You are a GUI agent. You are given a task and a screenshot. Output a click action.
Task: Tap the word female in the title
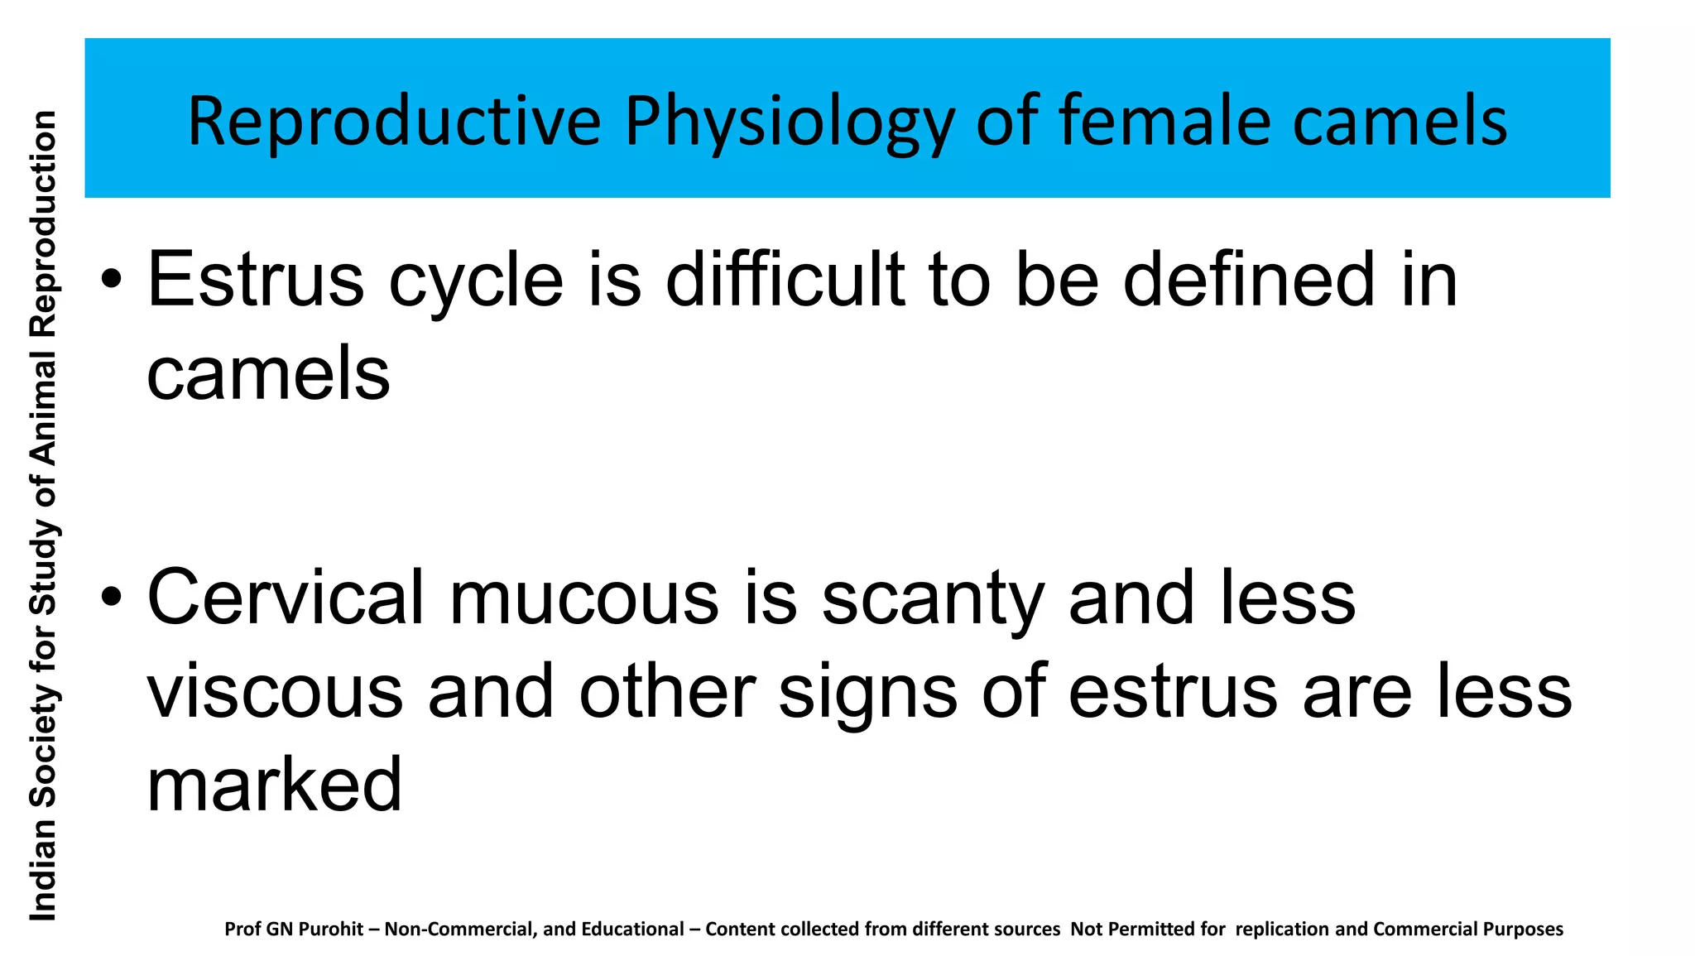[1164, 121]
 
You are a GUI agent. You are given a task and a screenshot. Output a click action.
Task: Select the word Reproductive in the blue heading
[394, 121]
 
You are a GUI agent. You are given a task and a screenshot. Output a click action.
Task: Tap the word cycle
[476, 281]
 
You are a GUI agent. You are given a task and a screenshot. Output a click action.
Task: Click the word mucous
[583, 598]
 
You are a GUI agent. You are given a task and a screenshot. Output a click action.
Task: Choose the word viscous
[275, 692]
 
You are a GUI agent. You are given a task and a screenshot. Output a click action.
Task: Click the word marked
[274, 785]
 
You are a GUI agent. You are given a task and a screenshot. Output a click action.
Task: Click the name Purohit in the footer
[330, 930]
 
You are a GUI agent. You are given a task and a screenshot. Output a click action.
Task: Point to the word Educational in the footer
[632, 929]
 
